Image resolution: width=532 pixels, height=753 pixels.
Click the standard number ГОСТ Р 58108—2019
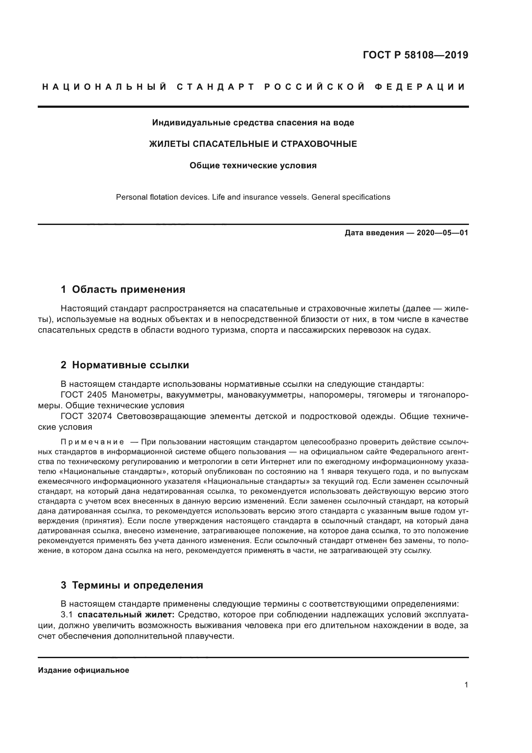click(x=415, y=55)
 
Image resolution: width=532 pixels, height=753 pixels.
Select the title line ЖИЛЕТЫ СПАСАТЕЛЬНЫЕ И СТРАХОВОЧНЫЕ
click(x=253, y=144)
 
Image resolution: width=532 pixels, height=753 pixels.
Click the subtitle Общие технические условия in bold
click(x=253, y=165)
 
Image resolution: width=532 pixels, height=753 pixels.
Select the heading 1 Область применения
click(x=123, y=289)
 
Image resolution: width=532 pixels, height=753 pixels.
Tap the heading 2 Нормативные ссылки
click(x=125, y=365)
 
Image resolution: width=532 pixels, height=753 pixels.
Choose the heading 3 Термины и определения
click(x=132, y=585)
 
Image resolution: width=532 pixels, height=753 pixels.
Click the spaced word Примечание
click(x=92, y=442)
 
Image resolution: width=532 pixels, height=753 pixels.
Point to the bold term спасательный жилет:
click(x=126, y=615)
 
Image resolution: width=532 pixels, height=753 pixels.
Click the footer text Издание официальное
click(x=83, y=670)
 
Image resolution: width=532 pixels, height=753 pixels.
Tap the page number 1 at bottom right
click(x=466, y=685)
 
